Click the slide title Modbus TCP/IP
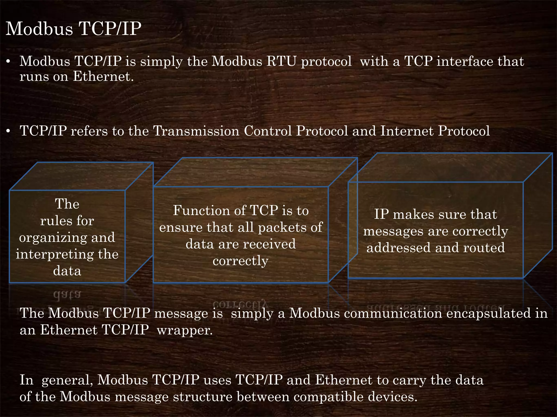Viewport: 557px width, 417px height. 73,29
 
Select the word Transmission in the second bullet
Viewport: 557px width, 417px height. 196,131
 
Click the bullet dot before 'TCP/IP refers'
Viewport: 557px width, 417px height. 8,132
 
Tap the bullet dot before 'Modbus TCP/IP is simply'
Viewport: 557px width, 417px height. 8,62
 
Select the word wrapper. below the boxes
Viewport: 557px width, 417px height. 185,330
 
